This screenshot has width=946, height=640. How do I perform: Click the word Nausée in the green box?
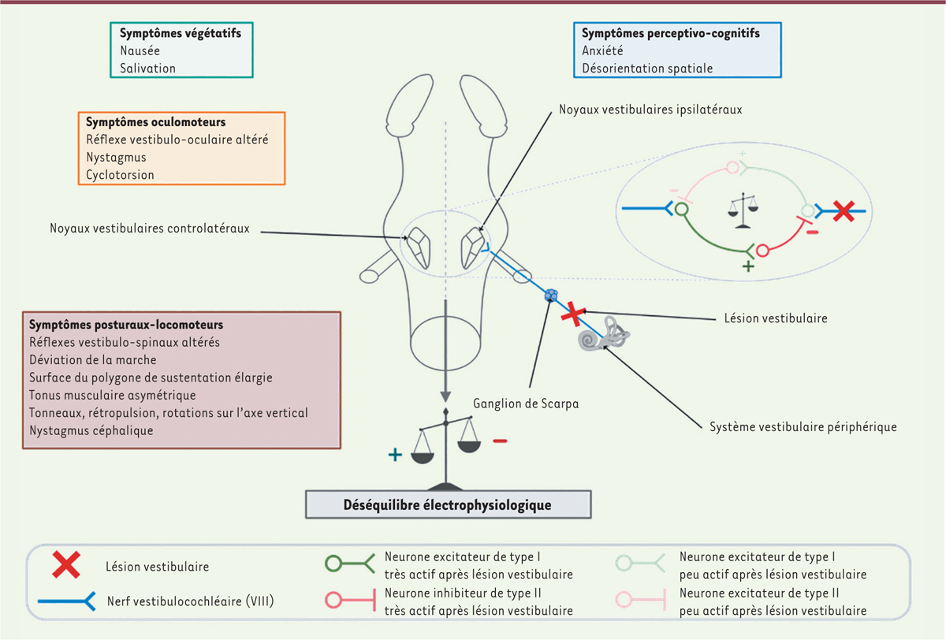click(x=140, y=50)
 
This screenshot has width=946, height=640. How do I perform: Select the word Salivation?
click(x=147, y=69)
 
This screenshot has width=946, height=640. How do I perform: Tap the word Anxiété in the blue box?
click(x=602, y=50)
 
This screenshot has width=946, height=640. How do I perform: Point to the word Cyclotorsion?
click(x=120, y=174)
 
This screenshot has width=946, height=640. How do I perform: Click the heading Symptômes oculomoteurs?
click(x=156, y=123)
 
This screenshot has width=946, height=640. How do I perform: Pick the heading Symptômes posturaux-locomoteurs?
click(x=125, y=325)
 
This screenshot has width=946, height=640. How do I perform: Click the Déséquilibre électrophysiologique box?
click(x=446, y=505)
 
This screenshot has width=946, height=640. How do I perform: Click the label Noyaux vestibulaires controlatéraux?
click(x=149, y=229)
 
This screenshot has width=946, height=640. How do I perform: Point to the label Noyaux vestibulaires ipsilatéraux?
click(x=650, y=110)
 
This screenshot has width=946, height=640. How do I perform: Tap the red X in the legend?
click(x=66, y=565)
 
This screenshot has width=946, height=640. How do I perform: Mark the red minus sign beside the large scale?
click(x=500, y=441)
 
